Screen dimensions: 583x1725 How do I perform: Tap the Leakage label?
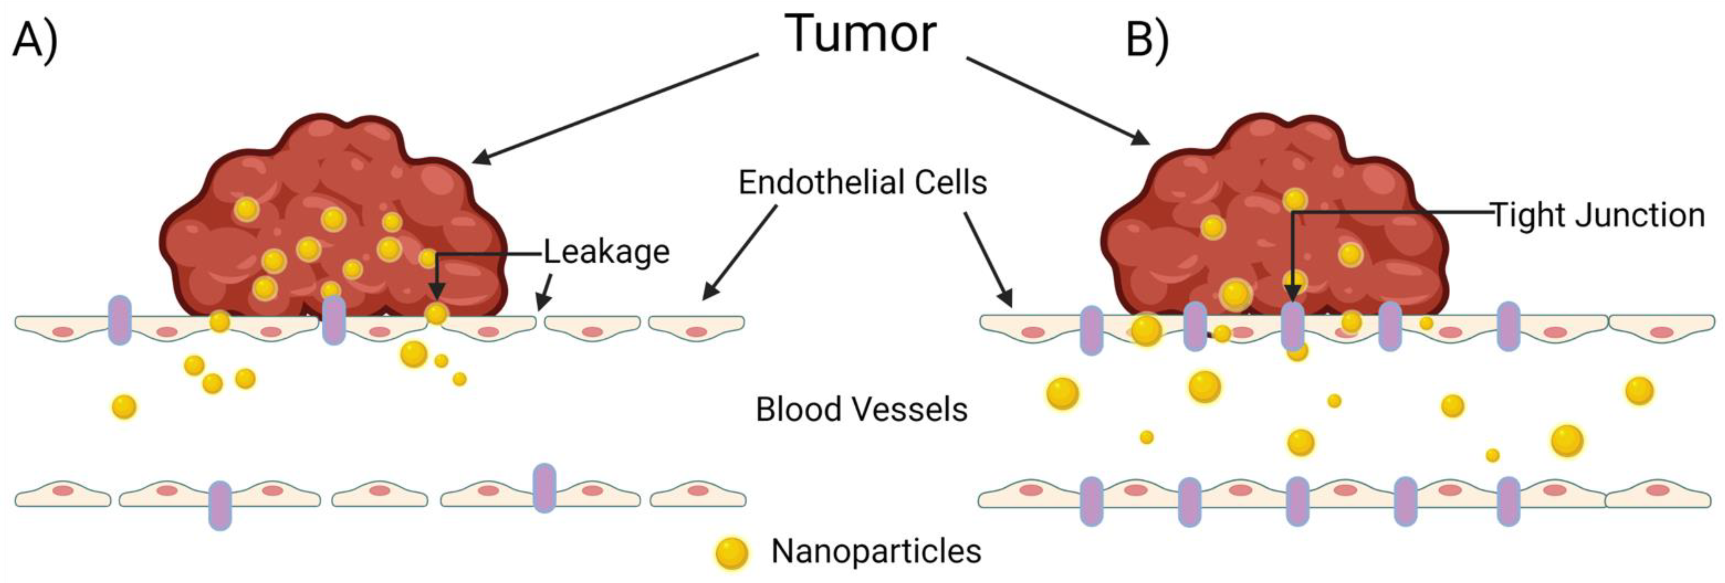click(x=606, y=252)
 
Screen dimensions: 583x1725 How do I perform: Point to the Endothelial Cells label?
click(x=862, y=182)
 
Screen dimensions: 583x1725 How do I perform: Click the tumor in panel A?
click(x=335, y=221)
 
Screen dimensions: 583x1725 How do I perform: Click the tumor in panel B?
click(x=1272, y=221)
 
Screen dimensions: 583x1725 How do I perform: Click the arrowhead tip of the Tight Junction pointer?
click(x=1293, y=300)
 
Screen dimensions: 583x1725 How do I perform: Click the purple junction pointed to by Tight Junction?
click(x=1293, y=327)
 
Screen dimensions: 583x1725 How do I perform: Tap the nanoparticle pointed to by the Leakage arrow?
click(x=436, y=313)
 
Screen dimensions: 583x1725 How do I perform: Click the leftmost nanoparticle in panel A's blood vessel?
click(x=124, y=406)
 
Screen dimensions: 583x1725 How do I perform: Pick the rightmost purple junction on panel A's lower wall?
click(x=544, y=488)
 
